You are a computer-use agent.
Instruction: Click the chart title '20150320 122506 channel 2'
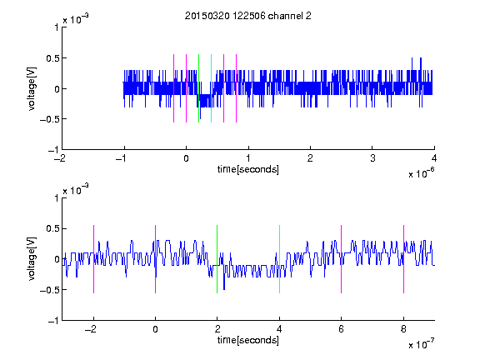click(x=248, y=16)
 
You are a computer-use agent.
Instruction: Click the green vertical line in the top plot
click(x=198, y=88)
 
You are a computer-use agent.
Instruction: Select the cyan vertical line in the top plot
click(x=211, y=88)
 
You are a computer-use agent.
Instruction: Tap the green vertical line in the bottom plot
click(x=217, y=259)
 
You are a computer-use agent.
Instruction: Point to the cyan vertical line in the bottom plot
click(x=279, y=259)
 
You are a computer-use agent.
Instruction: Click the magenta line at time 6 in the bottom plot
click(x=342, y=259)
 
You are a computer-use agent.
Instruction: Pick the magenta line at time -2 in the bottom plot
click(x=93, y=259)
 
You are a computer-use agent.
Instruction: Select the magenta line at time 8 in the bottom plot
click(x=404, y=259)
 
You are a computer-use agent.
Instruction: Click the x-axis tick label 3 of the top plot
click(x=372, y=158)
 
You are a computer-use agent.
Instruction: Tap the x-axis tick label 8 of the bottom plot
click(x=403, y=329)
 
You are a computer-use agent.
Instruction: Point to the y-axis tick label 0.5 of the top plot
click(x=52, y=58)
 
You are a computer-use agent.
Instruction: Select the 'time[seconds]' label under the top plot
click(x=248, y=169)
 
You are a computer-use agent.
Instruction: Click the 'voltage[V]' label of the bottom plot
click(x=31, y=258)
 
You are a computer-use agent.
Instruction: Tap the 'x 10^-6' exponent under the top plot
click(x=422, y=173)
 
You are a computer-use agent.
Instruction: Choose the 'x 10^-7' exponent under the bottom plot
click(x=422, y=344)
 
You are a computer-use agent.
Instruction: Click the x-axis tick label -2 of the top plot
click(x=59, y=158)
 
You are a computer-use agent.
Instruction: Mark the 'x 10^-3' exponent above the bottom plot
click(x=76, y=189)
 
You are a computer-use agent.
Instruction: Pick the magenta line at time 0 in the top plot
click(x=186, y=88)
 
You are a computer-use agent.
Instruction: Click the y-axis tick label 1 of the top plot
click(x=57, y=27)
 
